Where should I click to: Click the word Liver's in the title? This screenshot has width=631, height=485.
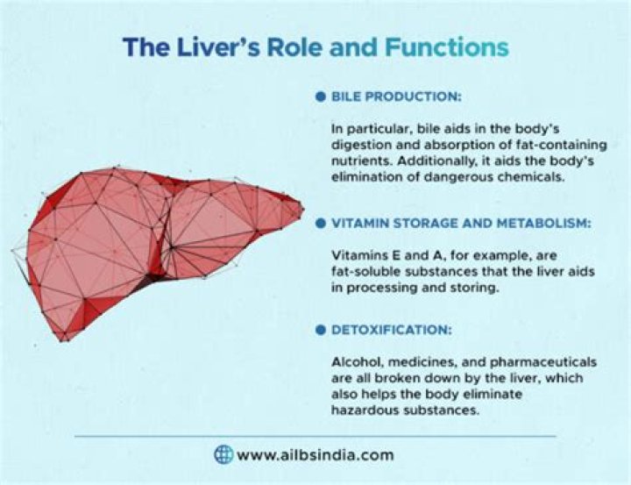[214, 46]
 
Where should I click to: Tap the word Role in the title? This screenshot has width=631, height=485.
[294, 46]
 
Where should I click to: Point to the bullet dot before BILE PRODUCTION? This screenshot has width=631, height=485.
[321, 94]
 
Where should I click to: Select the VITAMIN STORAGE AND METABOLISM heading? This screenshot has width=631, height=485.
[461, 224]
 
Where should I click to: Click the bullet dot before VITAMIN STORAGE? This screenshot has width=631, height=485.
[321, 224]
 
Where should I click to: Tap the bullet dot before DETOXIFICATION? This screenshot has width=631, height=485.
[321, 331]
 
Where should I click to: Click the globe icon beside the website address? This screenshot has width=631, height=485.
[224, 454]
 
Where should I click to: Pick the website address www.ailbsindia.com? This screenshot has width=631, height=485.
[315, 455]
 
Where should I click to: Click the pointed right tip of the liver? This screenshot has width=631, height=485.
[302, 209]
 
